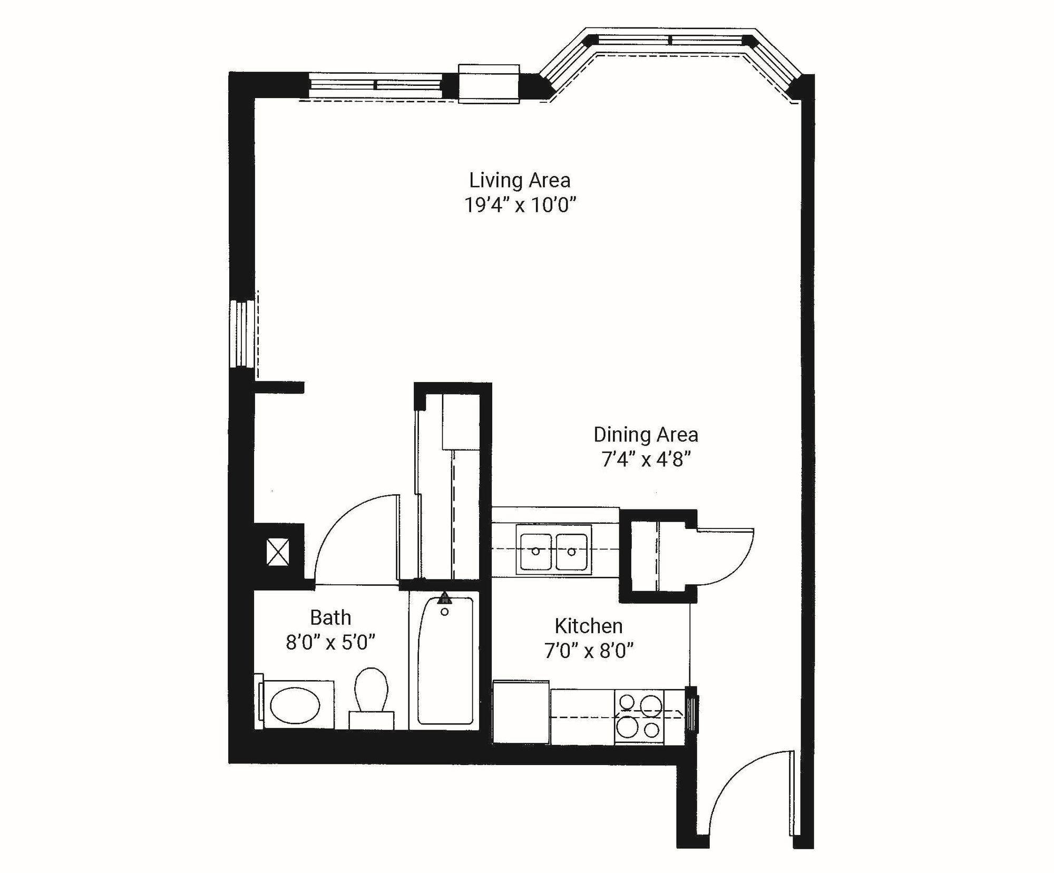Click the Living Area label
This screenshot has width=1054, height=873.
(520, 181)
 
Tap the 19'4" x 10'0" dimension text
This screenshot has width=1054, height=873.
(520, 205)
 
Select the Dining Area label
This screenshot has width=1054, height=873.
(646, 435)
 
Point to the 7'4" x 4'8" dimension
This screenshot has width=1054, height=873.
(646, 460)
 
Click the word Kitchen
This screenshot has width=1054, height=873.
(589, 626)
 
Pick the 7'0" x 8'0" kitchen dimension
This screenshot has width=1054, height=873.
(589, 652)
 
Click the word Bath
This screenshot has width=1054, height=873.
(330, 617)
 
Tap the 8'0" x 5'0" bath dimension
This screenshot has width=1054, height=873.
(330, 643)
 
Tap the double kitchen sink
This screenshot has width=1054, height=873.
(553, 551)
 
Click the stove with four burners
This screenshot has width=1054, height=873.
(639, 717)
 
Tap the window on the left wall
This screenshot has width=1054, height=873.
(242, 333)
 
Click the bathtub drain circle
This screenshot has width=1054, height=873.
(445, 612)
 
